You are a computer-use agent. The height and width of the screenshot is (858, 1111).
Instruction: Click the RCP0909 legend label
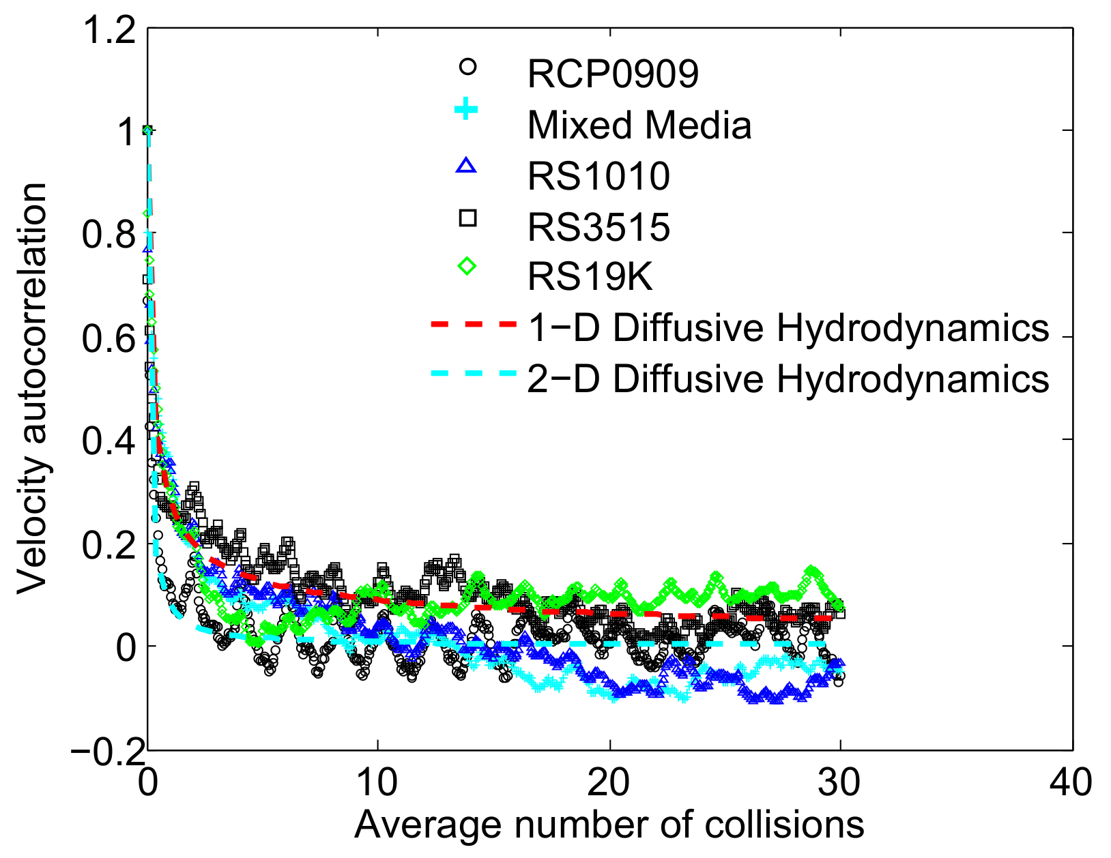click(613, 74)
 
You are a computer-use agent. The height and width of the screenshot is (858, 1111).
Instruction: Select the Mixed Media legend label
click(639, 125)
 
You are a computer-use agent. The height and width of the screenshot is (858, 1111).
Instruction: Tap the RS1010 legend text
click(598, 176)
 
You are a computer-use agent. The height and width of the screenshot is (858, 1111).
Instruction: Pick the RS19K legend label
click(590, 277)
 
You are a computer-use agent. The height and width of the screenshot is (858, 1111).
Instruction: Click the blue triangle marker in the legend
click(467, 166)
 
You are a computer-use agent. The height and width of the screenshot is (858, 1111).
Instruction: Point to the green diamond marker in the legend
click(467, 267)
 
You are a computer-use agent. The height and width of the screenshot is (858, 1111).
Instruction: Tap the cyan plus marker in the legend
click(467, 109)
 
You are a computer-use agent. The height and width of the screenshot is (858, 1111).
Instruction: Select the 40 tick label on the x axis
click(1071, 782)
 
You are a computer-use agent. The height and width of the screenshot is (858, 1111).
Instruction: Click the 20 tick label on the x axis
click(609, 782)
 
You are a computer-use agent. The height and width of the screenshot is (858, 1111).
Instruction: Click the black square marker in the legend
click(467, 218)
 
